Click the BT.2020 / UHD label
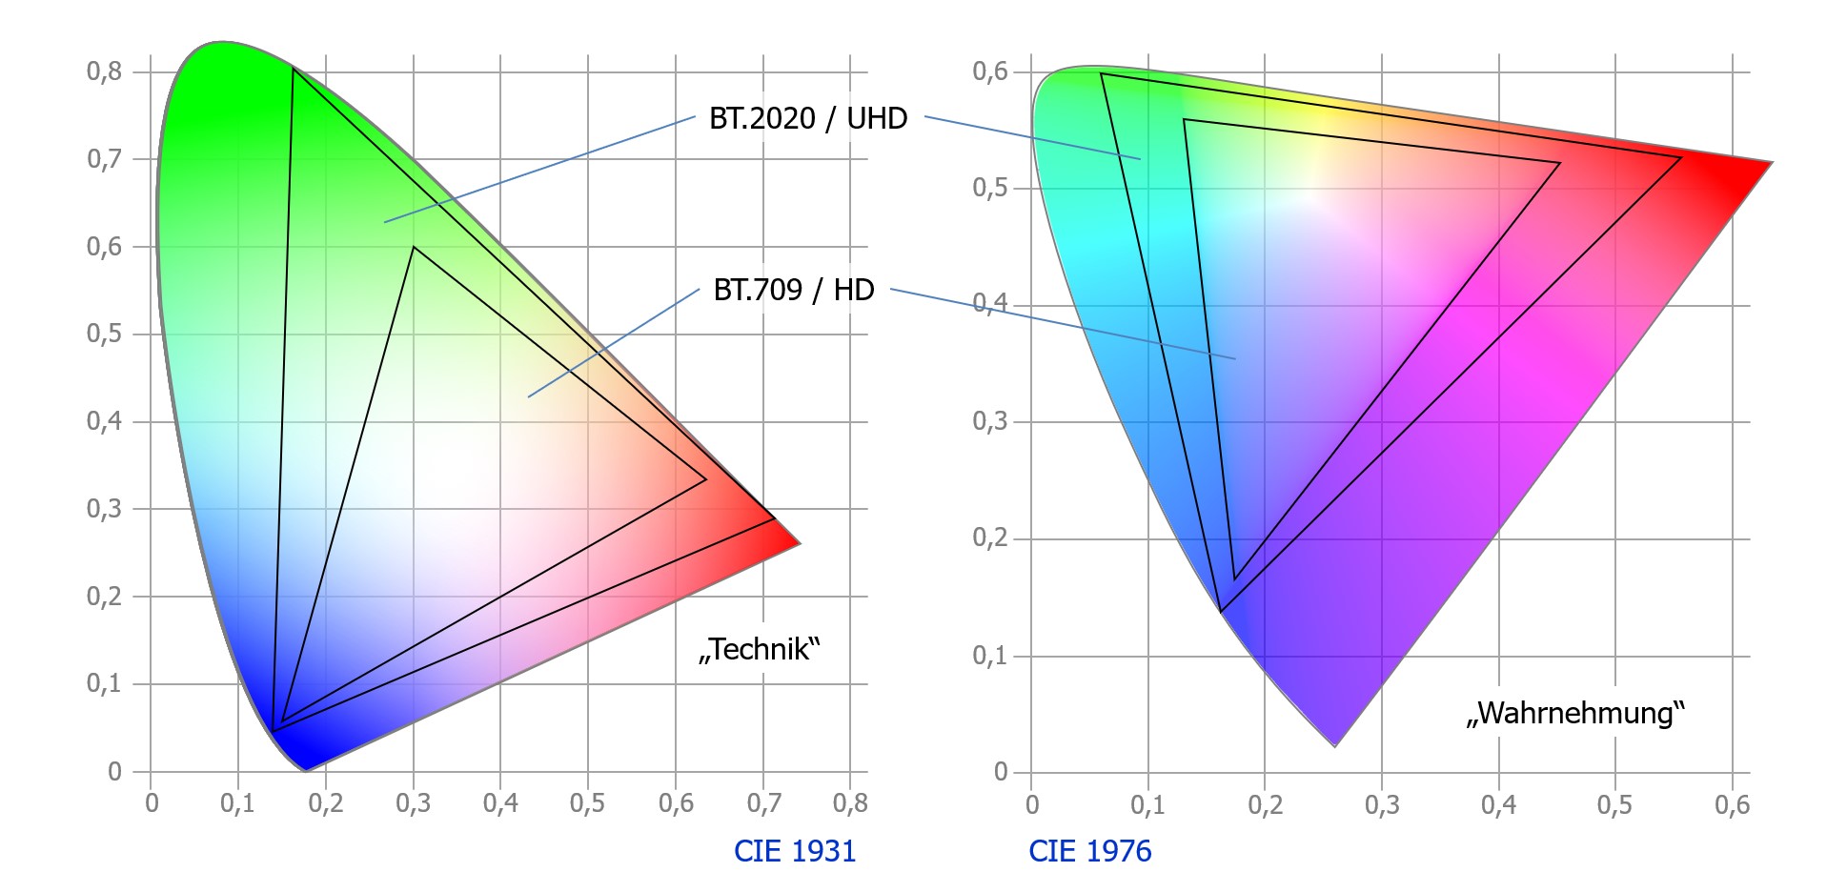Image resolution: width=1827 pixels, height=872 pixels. click(807, 119)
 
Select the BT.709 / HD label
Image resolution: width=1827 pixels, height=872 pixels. click(793, 290)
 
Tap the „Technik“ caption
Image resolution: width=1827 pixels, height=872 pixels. click(759, 650)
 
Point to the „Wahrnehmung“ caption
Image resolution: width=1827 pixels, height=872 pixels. click(1575, 714)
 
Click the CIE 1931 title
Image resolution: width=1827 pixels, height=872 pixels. click(795, 850)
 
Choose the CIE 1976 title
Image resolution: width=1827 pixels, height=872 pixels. click(1089, 850)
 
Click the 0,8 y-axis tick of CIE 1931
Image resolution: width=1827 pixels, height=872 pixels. click(104, 71)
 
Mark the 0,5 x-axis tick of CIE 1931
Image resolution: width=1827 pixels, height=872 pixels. click(587, 803)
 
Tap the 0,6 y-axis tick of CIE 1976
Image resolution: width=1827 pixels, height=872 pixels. click(989, 71)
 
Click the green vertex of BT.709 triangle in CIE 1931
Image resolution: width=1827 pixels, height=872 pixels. click(414, 247)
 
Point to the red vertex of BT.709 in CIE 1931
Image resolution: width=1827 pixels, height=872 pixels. click(705, 479)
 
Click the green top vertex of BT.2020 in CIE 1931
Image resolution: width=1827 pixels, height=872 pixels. click(293, 69)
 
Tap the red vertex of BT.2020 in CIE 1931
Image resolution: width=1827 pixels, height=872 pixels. click(774, 518)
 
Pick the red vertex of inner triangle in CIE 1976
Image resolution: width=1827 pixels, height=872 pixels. click(1560, 164)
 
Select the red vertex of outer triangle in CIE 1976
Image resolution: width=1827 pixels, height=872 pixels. click(1680, 158)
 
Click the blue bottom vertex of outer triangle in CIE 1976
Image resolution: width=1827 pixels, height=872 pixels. click(1220, 611)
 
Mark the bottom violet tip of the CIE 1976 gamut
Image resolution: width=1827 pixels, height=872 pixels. click(1334, 746)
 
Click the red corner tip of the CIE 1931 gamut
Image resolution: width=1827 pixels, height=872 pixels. click(800, 543)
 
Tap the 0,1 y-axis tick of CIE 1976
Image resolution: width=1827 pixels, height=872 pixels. click(989, 656)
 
